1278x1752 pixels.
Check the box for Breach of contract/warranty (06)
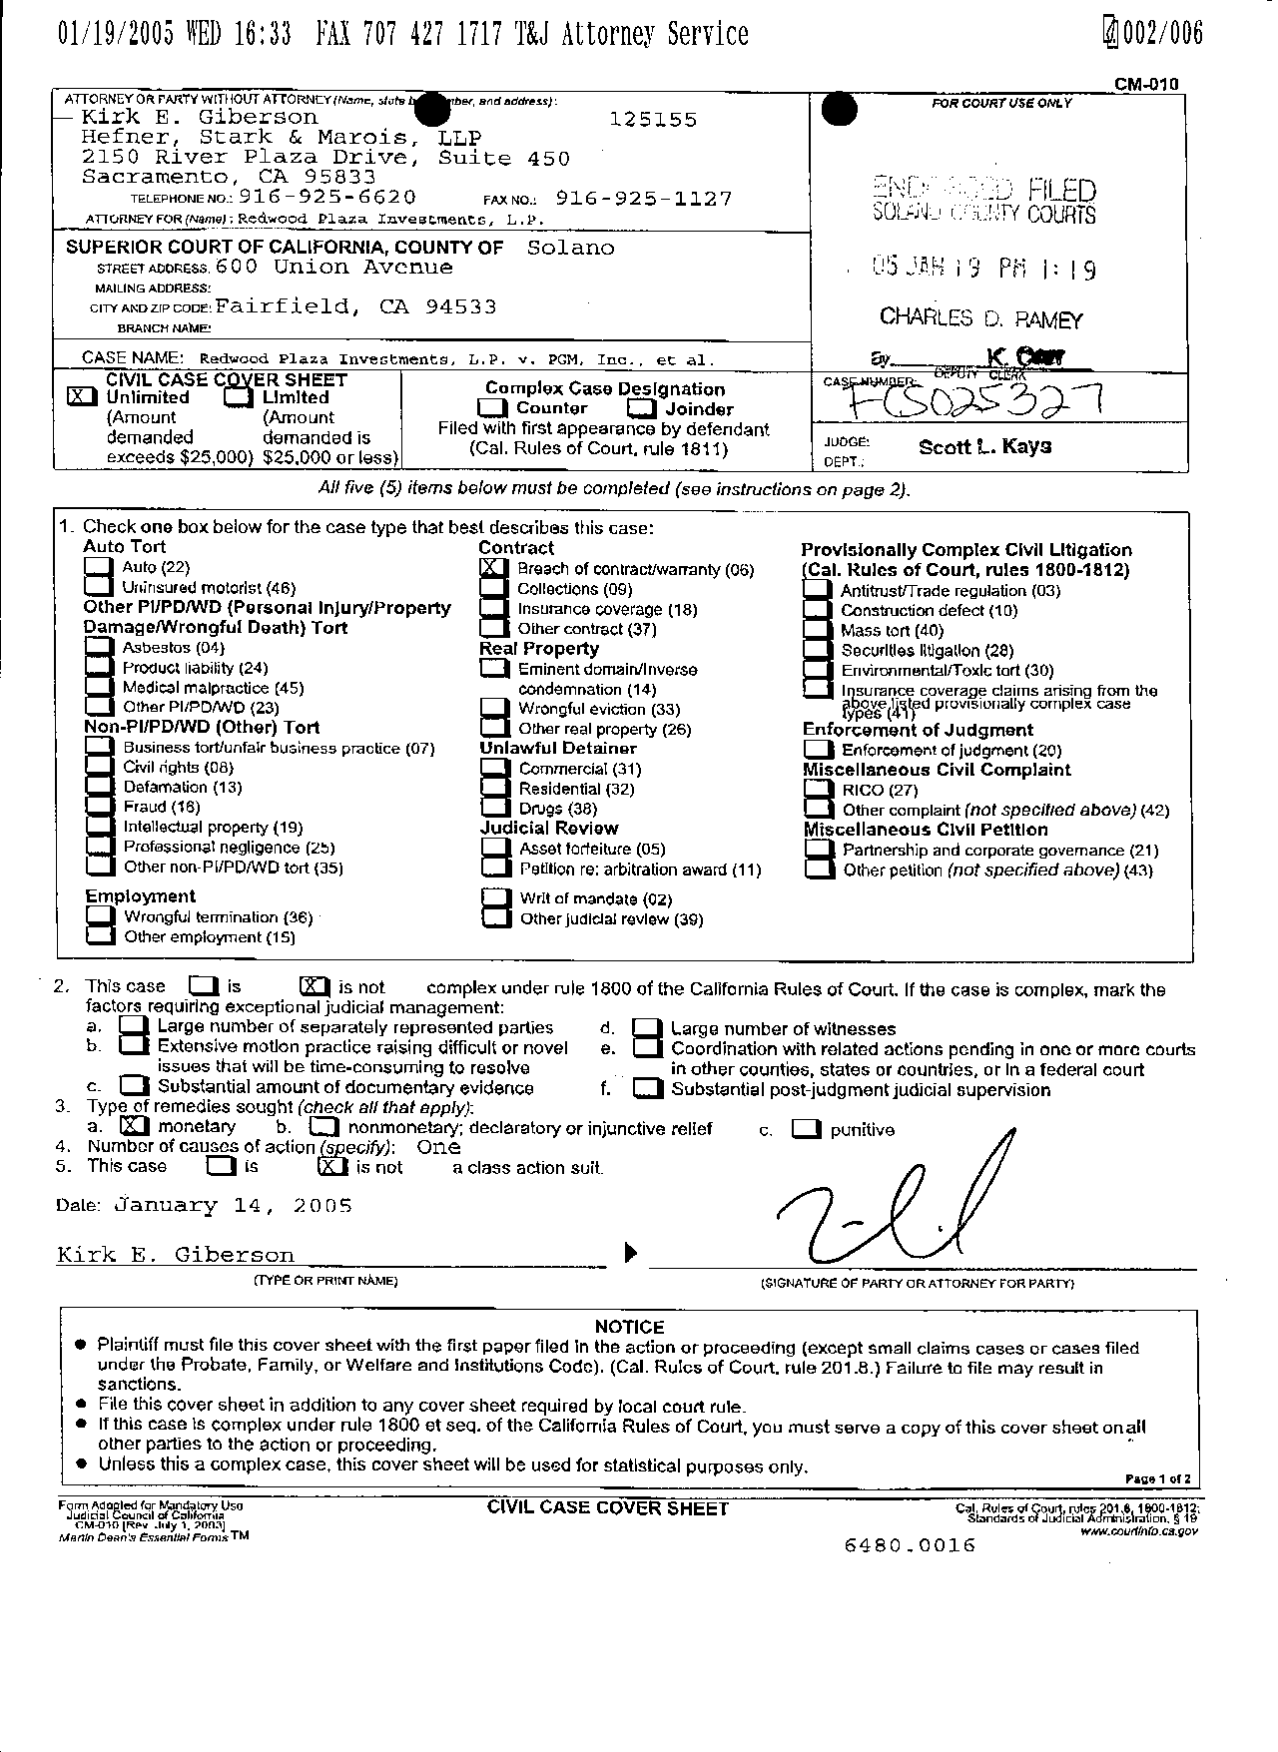[491, 568]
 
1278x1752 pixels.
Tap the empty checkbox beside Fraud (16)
[98, 807]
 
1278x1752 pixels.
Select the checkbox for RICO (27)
[818, 790]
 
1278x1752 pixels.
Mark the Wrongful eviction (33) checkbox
[493, 709]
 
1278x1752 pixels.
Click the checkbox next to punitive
[805, 1129]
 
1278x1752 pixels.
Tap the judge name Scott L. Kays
[984, 446]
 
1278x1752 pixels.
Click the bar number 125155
[653, 119]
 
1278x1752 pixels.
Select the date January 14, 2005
[235, 1205]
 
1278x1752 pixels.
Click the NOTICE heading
[629, 1327]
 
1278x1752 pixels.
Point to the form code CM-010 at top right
[1146, 84]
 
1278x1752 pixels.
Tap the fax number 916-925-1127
[643, 199]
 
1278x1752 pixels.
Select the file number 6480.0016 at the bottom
[910, 1545]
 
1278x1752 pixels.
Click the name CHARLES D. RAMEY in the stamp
[980, 318]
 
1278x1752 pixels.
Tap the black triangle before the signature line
[630, 1252]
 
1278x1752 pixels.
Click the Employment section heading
[140, 895]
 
